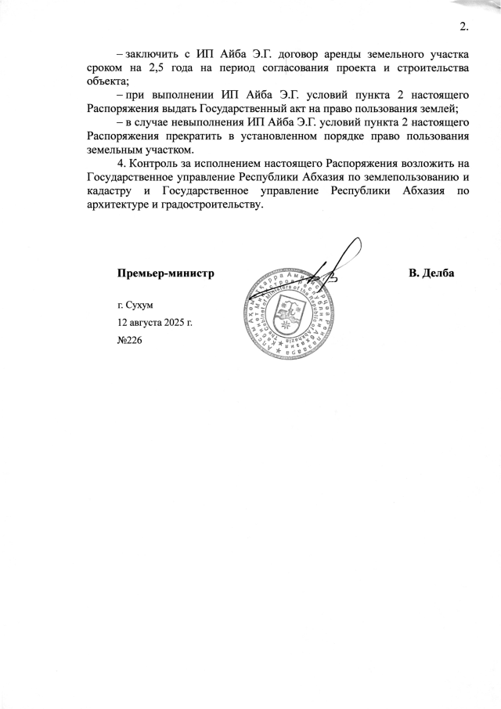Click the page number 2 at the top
pyautogui.click(x=463, y=28)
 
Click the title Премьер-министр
pyautogui.click(x=165, y=273)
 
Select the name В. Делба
pyautogui.click(x=431, y=273)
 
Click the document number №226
pyautogui.click(x=129, y=341)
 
